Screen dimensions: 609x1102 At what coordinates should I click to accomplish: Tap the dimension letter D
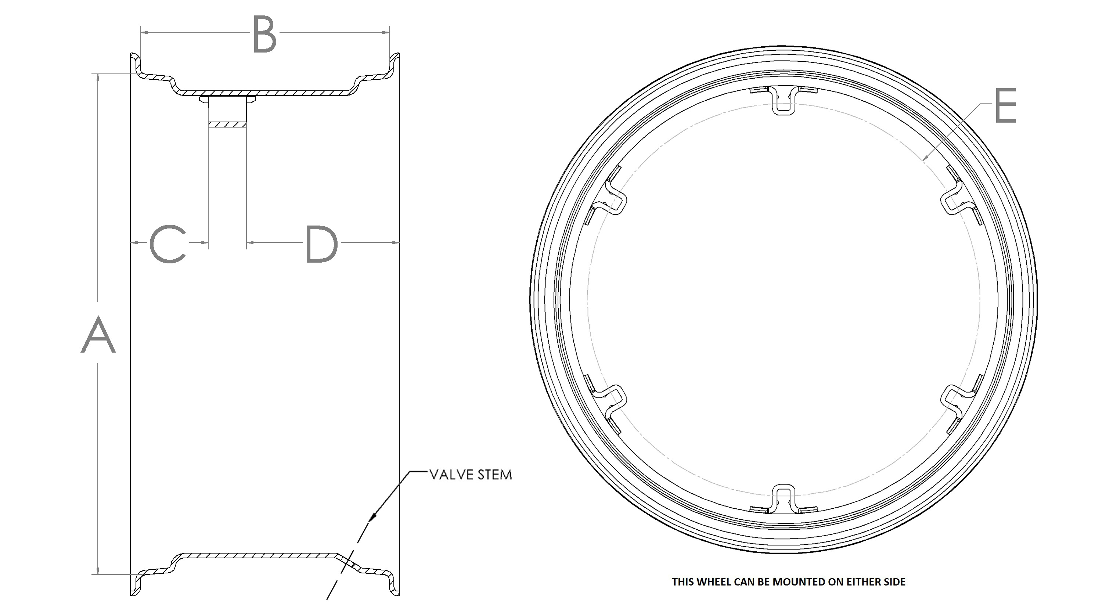click(321, 244)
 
